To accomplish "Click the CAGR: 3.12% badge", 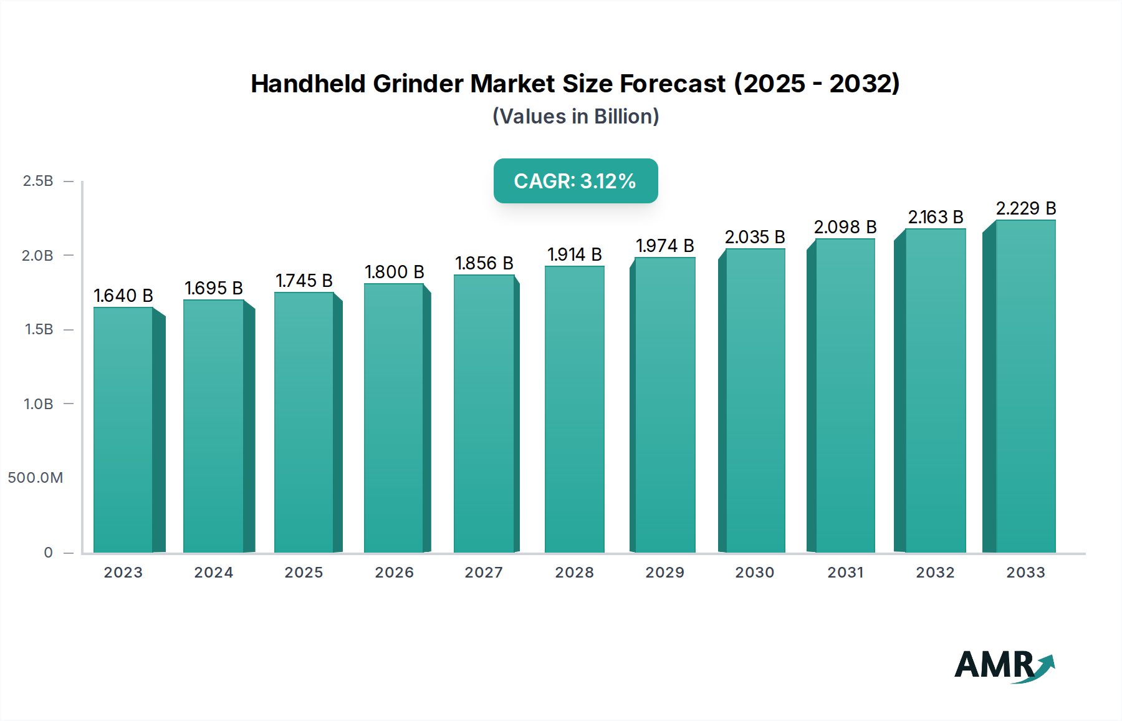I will click(575, 181).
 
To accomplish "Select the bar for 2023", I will click(123, 430).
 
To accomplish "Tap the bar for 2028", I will click(574, 409).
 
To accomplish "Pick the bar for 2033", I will click(1025, 387).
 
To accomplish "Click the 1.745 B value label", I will click(304, 281).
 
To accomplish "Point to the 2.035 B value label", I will click(755, 237).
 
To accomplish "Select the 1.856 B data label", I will click(484, 263).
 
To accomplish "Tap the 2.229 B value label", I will click(1025, 208).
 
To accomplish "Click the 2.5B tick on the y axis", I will click(38, 181).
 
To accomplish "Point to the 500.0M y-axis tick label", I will click(36, 478).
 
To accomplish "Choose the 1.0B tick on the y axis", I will click(38, 404).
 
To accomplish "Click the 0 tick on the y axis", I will click(48, 553).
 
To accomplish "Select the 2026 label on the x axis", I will click(394, 573).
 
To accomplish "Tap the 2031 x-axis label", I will click(845, 573).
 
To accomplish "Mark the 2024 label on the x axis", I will click(213, 573).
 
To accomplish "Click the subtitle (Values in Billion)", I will click(575, 117).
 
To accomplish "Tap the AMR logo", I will click(1004, 665).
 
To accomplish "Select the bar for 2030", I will click(755, 400).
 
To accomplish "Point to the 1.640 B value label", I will click(123, 296).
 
